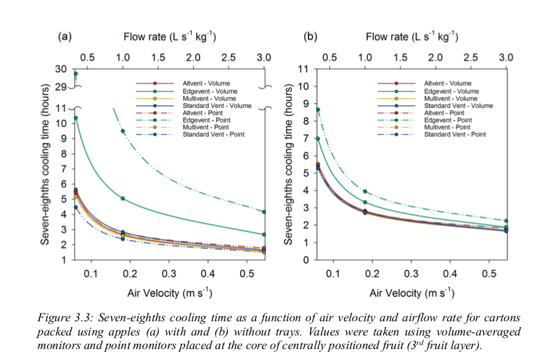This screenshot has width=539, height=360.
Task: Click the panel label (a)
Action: [64, 37]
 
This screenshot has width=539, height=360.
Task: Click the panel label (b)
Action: [310, 37]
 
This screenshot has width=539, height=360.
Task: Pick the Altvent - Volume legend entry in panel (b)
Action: [447, 84]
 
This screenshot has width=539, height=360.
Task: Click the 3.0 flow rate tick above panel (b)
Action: [506, 57]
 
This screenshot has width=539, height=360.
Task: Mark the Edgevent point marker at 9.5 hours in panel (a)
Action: [122, 131]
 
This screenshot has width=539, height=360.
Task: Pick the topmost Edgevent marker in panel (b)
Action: [318, 110]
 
